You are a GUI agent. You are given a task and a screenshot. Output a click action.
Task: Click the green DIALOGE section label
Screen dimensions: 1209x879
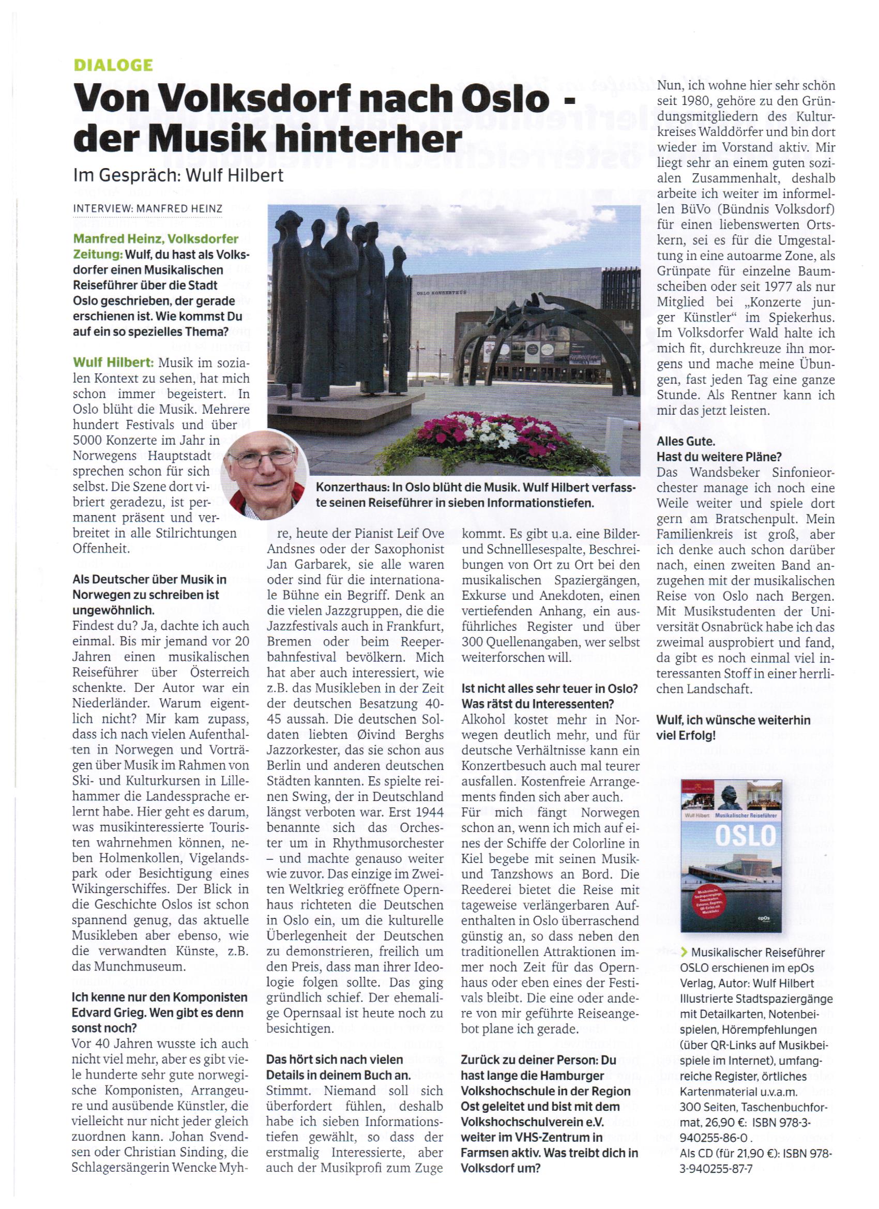click(113, 65)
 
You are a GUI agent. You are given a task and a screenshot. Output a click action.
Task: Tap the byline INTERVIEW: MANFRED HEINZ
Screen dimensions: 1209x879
click(147, 208)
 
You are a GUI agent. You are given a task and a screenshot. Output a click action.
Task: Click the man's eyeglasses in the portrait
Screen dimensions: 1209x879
click(265, 459)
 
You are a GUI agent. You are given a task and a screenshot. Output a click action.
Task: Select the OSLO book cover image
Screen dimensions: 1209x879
click(731, 857)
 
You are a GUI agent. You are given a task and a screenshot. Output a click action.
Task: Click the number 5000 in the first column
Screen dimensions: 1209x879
click(88, 440)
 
